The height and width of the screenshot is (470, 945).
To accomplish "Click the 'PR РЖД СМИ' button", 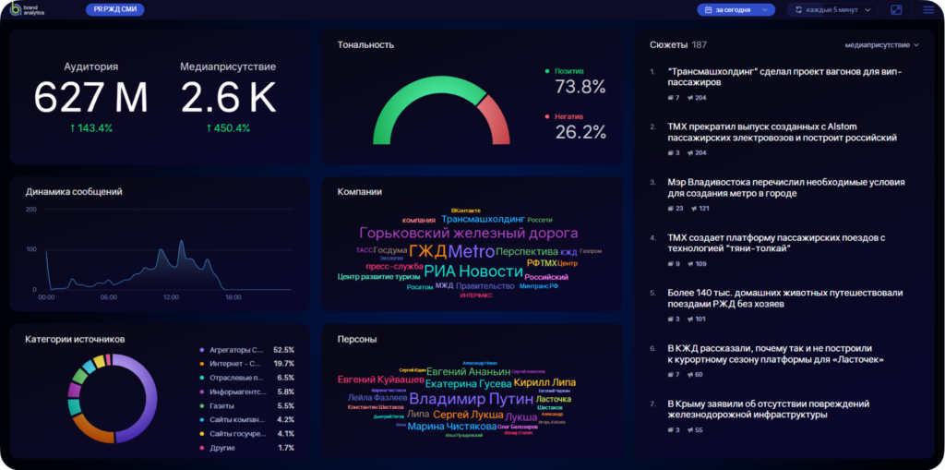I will click(114, 9).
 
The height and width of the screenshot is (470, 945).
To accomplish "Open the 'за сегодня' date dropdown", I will click(736, 10).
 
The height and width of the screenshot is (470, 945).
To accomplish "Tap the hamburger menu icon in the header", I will click(928, 10).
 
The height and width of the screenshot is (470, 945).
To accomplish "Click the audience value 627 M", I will click(90, 97).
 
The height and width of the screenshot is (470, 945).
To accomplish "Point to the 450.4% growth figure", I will click(228, 127).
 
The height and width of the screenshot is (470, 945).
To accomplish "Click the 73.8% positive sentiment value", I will click(580, 88).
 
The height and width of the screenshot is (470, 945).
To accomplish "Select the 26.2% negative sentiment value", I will click(580, 132).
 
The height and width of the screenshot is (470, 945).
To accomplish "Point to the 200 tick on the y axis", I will click(30, 210).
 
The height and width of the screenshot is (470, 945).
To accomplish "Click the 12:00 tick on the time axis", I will click(171, 297).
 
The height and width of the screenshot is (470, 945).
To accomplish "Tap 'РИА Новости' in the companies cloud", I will click(472, 271).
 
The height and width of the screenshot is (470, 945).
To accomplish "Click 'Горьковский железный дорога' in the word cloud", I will click(468, 234).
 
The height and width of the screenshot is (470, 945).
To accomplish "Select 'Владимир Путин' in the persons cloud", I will click(471, 400).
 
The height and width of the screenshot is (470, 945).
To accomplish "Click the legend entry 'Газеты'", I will click(221, 406).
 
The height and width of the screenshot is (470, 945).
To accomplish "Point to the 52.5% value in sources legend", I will click(283, 350).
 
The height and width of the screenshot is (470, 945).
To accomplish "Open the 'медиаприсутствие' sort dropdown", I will click(881, 44).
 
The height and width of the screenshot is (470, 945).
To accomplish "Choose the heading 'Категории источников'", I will click(75, 339).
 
